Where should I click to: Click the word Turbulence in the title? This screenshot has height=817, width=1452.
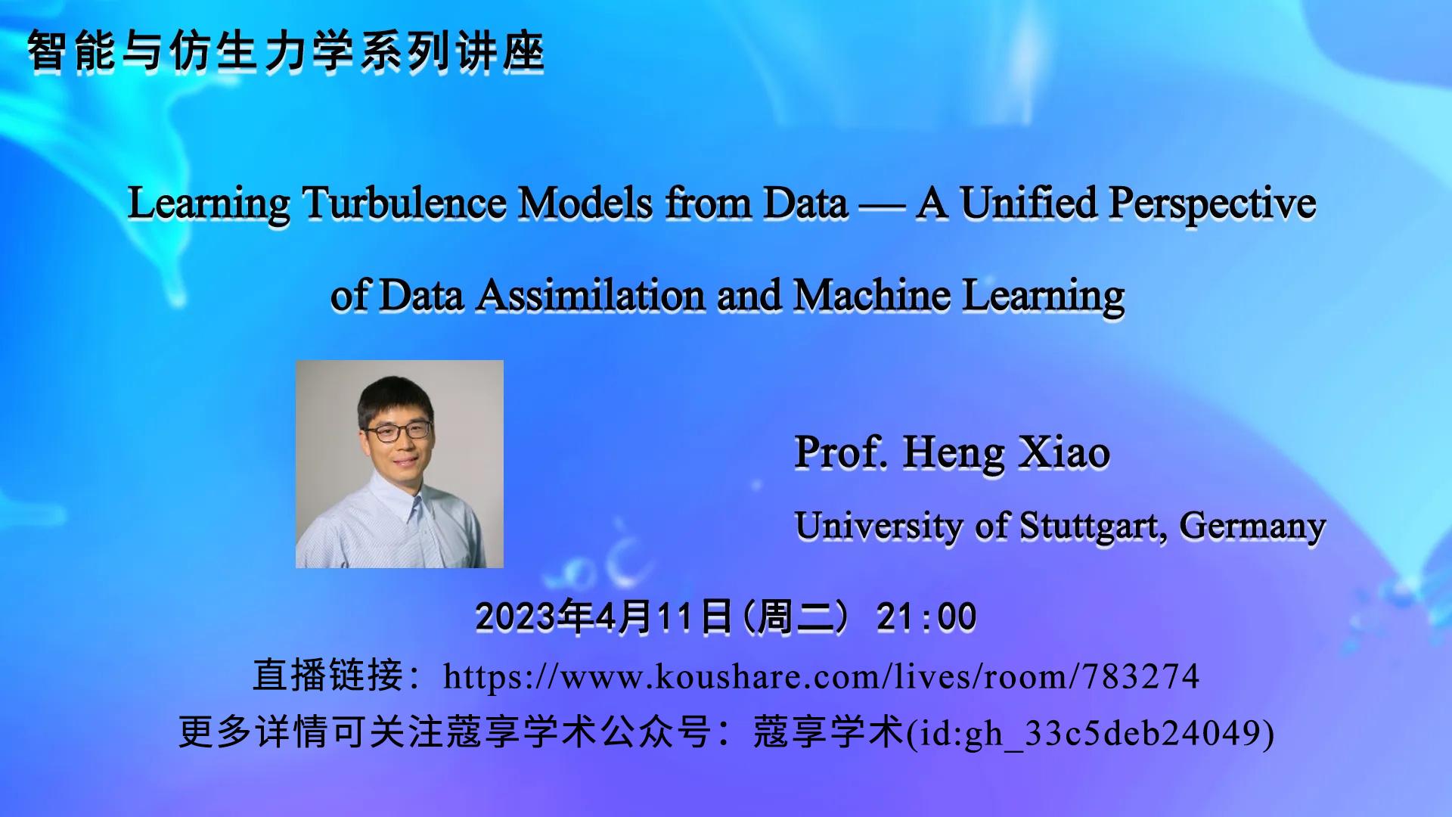coord(404,203)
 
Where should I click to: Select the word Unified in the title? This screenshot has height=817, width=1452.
coord(1028,203)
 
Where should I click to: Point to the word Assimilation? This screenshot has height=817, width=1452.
coord(590,295)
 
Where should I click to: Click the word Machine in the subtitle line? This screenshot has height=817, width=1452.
coord(871,295)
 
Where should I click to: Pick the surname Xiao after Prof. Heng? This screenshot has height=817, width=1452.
coord(1064,452)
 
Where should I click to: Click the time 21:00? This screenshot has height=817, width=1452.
coord(926,617)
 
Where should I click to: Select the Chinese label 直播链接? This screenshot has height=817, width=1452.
coord(328,676)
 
